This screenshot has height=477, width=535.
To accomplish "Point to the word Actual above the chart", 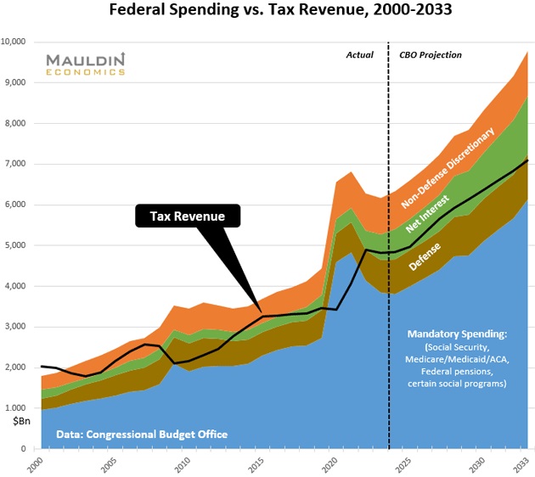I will [359, 55].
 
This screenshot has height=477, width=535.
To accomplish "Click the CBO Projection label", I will [431, 55].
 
